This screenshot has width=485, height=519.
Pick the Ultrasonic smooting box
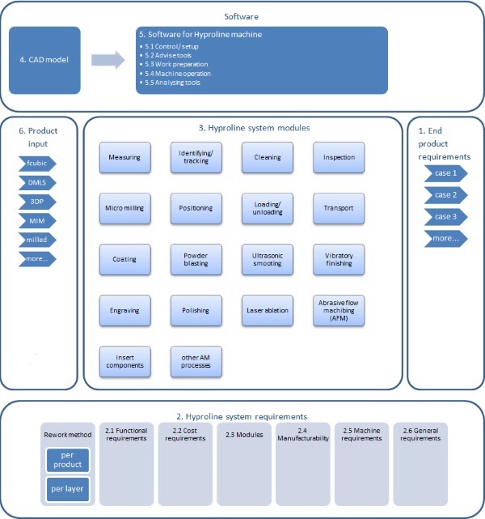(x=267, y=259)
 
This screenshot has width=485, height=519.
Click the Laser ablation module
(x=267, y=309)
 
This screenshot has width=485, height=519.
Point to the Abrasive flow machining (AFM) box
(x=339, y=310)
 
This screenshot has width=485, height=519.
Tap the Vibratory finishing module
(x=339, y=259)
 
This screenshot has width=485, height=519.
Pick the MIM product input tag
(x=37, y=221)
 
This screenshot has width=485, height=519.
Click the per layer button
(x=67, y=489)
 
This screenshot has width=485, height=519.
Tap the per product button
(x=67, y=461)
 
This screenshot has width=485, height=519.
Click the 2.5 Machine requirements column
(x=362, y=462)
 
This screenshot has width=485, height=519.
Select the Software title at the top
(x=242, y=15)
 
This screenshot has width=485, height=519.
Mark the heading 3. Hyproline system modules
(x=242, y=128)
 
